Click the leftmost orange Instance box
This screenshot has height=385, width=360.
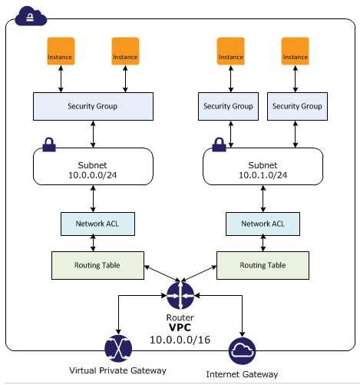(61, 51)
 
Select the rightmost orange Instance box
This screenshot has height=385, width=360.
(296, 51)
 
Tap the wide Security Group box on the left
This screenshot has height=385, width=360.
(93, 106)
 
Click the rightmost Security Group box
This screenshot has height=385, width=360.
(297, 106)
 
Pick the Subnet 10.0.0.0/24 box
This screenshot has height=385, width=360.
(93, 166)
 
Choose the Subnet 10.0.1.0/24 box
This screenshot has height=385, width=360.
(263, 166)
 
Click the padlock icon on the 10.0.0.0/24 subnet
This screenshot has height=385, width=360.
(49, 144)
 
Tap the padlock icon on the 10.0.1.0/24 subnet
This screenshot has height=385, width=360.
(219, 144)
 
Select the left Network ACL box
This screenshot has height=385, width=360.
(97, 224)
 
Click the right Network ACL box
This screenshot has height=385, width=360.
(263, 224)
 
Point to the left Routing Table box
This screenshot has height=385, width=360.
(97, 265)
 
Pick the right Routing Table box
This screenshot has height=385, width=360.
(263, 265)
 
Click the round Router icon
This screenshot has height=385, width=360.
(180, 295)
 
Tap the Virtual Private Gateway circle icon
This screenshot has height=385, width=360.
(118, 348)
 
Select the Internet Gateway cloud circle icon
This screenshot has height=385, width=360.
(242, 351)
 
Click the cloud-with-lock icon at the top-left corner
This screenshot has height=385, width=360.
(31, 16)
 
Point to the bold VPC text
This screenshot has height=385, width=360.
(180, 327)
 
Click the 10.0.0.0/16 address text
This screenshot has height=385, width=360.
(180, 340)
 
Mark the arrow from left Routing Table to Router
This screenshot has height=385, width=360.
(162, 274)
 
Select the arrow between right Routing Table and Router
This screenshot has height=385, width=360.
(199, 274)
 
